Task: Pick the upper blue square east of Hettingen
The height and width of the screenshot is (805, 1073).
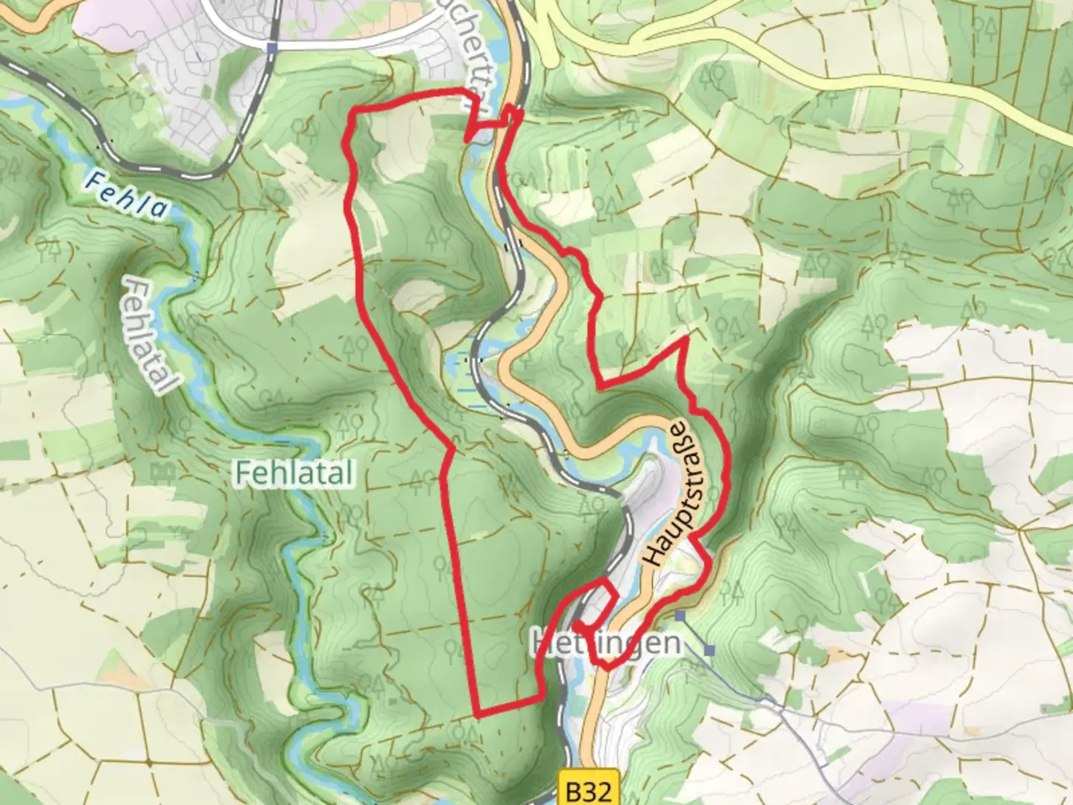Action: point(680,616)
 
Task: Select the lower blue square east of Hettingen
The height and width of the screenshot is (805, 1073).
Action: point(709,650)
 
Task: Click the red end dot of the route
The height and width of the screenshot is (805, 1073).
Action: point(577,625)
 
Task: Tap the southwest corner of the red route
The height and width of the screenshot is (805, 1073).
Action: point(476,716)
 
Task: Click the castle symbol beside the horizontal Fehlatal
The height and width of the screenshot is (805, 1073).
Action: point(159,471)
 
